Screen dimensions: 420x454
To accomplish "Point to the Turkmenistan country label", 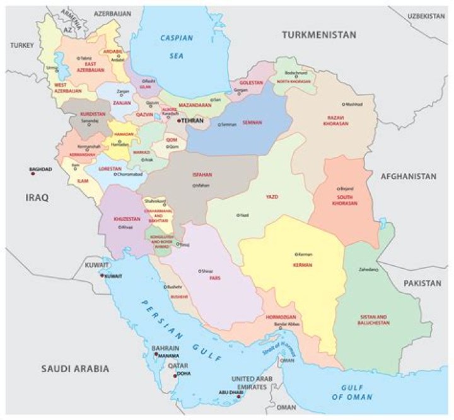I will coord(319,35).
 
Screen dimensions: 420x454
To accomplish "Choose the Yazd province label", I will coord(273,197).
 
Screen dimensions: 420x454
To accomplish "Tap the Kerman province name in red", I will coord(303,264).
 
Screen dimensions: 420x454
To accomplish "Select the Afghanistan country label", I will coord(408,177).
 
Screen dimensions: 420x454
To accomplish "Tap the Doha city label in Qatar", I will coord(183,373).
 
